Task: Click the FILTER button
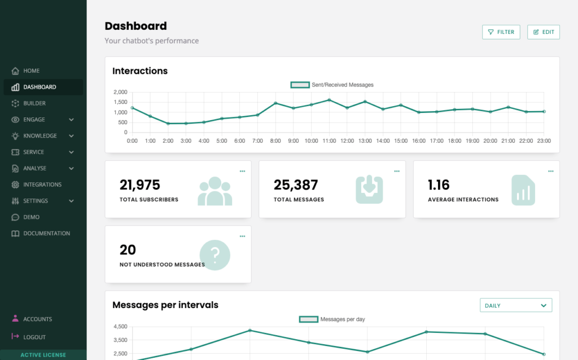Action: point(501,32)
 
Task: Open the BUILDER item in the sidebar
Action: point(34,103)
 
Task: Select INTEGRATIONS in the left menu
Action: point(42,185)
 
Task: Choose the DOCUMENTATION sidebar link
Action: point(46,233)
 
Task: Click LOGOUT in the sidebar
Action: point(34,337)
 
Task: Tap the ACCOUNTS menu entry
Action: point(37,319)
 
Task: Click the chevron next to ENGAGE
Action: point(72,120)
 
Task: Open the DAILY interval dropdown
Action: point(515,305)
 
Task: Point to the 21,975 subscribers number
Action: point(140,185)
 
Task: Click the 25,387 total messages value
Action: point(296,185)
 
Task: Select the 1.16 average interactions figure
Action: point(439,185)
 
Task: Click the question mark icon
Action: point(215,255)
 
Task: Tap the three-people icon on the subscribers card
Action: point(214,191)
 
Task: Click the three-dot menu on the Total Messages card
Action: point(397,171)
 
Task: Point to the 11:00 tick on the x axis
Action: point(329,141)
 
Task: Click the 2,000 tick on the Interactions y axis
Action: point(120,92)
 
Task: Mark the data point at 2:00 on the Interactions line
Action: point(168,124)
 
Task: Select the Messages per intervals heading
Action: point(165,305)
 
